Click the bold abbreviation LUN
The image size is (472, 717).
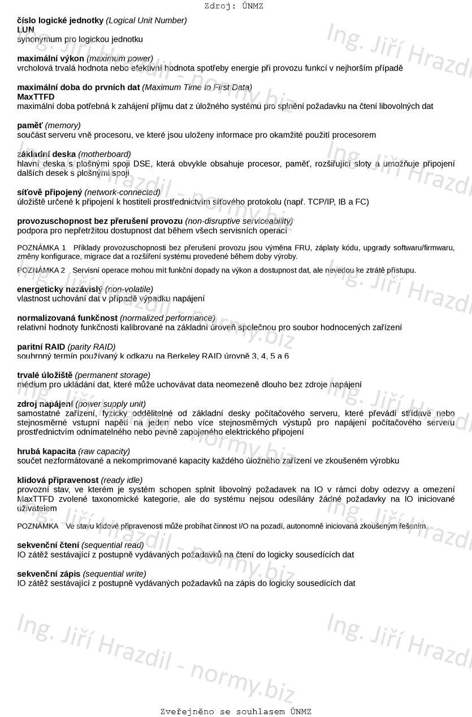25,29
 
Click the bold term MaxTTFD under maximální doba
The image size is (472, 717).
36,97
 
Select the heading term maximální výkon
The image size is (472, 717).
50,58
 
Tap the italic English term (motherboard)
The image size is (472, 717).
104,154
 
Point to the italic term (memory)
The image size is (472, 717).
63,125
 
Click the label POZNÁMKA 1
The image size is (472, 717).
42,247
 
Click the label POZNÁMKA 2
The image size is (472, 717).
41,270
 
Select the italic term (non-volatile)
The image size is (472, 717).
129,289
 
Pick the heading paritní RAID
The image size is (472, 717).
41,346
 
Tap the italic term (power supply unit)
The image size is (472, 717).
110,403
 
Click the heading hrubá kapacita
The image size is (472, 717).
46,451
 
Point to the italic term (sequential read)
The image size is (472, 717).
112,545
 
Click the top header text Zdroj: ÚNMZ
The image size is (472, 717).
233,6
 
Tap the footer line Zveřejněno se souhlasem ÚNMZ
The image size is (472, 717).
236,711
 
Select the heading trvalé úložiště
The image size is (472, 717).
45,375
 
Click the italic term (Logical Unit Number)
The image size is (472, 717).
147,20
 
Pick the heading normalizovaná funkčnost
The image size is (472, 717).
67,318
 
